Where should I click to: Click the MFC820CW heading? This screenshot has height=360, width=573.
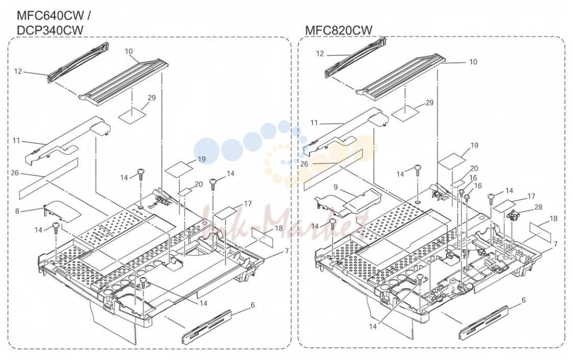339,30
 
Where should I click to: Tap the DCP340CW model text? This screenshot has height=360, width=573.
50,30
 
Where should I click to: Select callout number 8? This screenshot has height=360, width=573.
17,211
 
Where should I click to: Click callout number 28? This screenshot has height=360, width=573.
538,207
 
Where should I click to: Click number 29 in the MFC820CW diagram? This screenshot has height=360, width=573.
429,102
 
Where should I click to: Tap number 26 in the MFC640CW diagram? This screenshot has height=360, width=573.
15,173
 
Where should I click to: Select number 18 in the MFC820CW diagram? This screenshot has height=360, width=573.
554,218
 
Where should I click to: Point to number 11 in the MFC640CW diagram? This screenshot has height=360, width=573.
16,140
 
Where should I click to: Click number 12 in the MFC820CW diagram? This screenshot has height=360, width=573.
320,54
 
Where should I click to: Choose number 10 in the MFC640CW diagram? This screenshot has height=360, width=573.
129,51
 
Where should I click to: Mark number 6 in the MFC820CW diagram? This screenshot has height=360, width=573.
523,300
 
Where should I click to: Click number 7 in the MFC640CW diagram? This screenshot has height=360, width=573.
287,251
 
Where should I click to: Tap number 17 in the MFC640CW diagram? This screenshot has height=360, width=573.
248,204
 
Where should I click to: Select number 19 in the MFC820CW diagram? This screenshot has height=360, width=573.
474,145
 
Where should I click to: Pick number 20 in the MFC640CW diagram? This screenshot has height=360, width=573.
199,184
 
